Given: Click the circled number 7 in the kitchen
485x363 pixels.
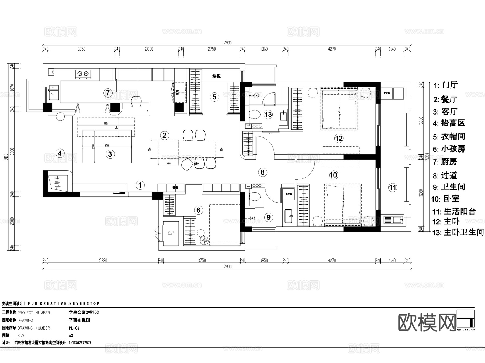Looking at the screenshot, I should [x=108, y=93].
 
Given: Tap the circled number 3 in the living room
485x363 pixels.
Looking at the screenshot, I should [x=110, y=154].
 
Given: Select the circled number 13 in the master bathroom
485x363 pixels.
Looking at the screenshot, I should [x=268, y=115].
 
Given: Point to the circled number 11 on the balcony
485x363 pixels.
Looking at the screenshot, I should [x=393, y=188].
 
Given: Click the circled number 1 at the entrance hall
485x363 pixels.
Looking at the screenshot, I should [x=140, y=185].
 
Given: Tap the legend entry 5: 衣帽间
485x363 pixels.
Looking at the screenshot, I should [x=449, y=136].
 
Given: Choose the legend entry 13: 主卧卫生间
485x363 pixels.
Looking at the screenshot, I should [x=458, y=232].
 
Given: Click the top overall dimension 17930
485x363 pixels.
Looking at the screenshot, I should [x=227, y=43].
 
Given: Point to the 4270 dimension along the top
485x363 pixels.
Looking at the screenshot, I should [x=332, y=49].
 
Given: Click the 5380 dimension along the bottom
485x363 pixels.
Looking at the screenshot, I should [x=103, y=261].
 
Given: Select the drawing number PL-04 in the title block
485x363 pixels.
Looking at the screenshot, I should [x=74, y=328].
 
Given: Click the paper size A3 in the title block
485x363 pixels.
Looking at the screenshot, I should [x=71, y=336].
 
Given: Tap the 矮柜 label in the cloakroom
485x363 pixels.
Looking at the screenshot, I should [x=216, y=76].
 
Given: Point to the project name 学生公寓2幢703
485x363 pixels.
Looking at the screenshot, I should [x=84, y=312].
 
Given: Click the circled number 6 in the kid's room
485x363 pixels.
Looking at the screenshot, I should [x=198, y=210].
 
